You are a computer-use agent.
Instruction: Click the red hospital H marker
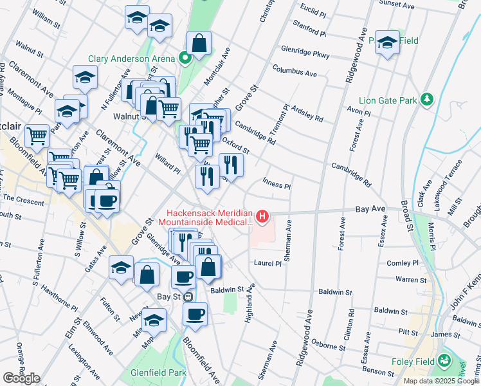click(x=262, y=217)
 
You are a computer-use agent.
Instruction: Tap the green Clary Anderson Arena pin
click(x=185, y=59)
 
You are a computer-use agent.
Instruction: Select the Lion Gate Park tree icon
click(x=426, y=99)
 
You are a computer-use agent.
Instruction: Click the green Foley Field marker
click(x=444, y=363)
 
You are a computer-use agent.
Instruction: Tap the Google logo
click(x=21, y=378)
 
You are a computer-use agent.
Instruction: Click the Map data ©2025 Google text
click(x=441, y=381)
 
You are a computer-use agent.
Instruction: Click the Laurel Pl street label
click(x=268, y=263)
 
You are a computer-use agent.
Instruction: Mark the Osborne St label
click(x=335, y=346)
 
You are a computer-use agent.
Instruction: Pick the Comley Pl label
click(x=403, y=264)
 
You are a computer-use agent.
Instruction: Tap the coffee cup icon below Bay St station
click(x=195, y=314)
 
